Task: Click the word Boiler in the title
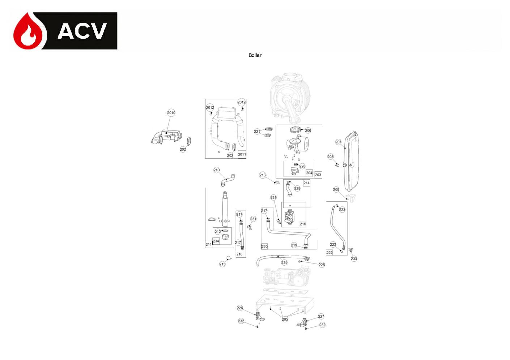[x=255, y=55]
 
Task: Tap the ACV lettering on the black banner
[x=82, y=31]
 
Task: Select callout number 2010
[x=171, y=113]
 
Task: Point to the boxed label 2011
[x=242, y=154]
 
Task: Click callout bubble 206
[x=308, y=130]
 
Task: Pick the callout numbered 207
[x=338, y=142]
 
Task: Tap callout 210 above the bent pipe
[x=217, y=170]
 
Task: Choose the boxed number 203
[x=318, y=175]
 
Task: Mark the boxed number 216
[x=303, y=224]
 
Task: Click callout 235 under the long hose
[x=284, y=263]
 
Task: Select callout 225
[x=322, y=265]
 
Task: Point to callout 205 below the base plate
[x=285, y=319]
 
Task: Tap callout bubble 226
[x=240, y=308]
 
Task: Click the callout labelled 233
[x=354, y=259]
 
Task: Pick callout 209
[x=336, y=189]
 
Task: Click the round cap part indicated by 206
[x=295, y=130]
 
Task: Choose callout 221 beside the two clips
[x=257, y=132]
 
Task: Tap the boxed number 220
[x=264, y=247]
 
